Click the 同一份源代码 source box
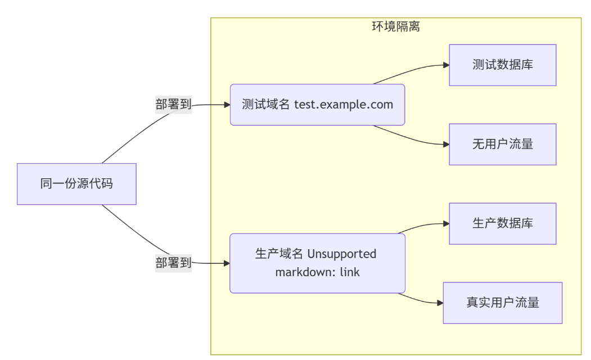point(76,184)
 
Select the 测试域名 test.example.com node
point(317,105)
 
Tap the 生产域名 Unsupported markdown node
point(317,263)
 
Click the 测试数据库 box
point(502,65)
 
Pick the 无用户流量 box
point(502,145)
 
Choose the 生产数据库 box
point(502,224)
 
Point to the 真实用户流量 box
point(502,303)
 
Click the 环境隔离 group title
point(396,26)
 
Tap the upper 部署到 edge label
point(173,105)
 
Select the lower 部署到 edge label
point(173,263)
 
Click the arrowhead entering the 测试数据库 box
point(446,65)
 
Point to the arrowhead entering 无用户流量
point(446,145)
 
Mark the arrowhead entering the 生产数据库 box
point(446,224)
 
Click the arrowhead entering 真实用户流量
point(440,303)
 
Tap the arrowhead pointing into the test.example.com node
point(227,105)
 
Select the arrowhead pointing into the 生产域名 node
point(227,263)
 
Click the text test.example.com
point(344,105)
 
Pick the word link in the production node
point(350,273)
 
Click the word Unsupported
point(341,254)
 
